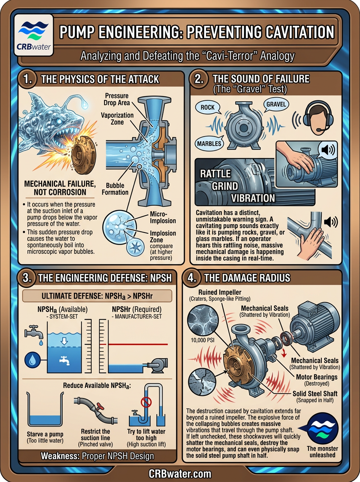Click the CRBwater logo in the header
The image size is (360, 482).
(34, 35)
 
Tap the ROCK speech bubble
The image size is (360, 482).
(208, 108)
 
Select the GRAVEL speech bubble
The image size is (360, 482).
(276, 104)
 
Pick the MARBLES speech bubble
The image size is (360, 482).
(209, 144)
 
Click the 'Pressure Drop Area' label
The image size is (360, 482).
(117, 99)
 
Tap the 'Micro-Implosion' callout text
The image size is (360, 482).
(163, 217)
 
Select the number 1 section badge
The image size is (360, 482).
(28, 79)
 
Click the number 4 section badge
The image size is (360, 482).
(192, 278)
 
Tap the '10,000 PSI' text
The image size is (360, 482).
(202, 340)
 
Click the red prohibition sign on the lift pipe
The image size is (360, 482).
(146, 402)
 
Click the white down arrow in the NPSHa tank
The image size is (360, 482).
(64, 341)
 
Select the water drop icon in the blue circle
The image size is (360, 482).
(32, 360)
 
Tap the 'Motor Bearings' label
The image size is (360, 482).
(317, 377)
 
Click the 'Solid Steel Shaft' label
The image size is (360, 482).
(315, 394)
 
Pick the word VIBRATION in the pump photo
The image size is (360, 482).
(253, 198)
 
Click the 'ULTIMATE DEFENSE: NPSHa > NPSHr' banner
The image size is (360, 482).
(97, 296)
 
